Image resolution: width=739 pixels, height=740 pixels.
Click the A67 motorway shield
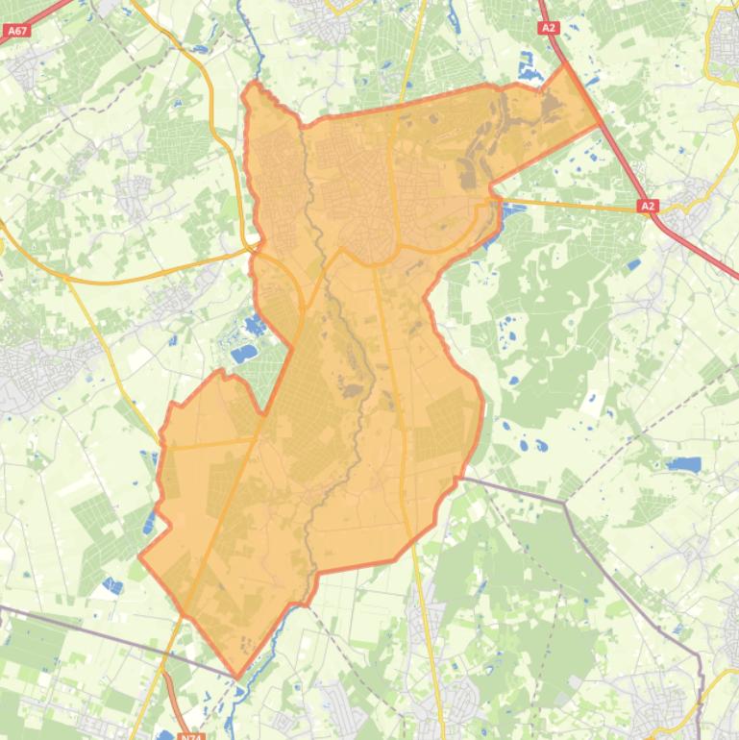pos(16,31)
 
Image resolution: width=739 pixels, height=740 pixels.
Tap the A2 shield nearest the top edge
pos(549,28)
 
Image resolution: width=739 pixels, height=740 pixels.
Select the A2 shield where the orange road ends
pos(648,205)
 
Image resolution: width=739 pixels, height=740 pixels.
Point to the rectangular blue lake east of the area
pos(683,464)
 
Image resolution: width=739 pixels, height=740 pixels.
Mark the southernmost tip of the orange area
pos(237,677)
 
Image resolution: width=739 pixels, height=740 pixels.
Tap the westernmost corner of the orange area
pos(140,555)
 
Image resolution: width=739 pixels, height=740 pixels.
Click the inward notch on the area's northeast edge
pos(490,182)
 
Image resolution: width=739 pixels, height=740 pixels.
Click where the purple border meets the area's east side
pos(461,478)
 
